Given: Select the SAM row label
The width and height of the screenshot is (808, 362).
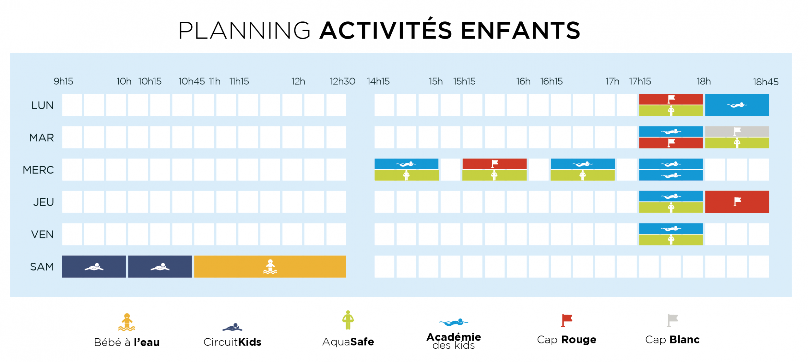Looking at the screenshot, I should point(42,267).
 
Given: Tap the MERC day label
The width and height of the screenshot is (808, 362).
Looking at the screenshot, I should point(38,170).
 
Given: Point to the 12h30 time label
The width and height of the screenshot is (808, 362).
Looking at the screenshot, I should point(342,81).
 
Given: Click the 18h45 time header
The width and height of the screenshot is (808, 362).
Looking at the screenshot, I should point(765,82).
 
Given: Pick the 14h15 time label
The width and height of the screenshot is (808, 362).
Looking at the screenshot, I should point(378,81).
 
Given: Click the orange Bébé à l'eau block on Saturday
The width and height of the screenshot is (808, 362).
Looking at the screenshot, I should point(270,267).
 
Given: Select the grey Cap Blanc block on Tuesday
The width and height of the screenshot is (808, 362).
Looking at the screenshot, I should point(737,131).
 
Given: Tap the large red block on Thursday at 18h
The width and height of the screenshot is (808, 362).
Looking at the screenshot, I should point(737,202).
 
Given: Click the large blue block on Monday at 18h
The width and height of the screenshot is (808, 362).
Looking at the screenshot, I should point(737,105).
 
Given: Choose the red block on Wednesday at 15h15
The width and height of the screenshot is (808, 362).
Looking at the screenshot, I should point(494,164).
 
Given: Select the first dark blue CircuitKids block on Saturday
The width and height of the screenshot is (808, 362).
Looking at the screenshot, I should point(94,267).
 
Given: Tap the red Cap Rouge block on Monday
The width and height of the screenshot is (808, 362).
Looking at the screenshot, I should point(671,99).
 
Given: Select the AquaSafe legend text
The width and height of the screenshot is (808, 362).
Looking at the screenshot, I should point(348,342).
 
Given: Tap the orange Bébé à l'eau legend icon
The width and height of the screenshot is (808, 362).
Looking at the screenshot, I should point(127,322).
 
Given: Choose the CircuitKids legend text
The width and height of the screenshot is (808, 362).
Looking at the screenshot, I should point(232,342).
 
